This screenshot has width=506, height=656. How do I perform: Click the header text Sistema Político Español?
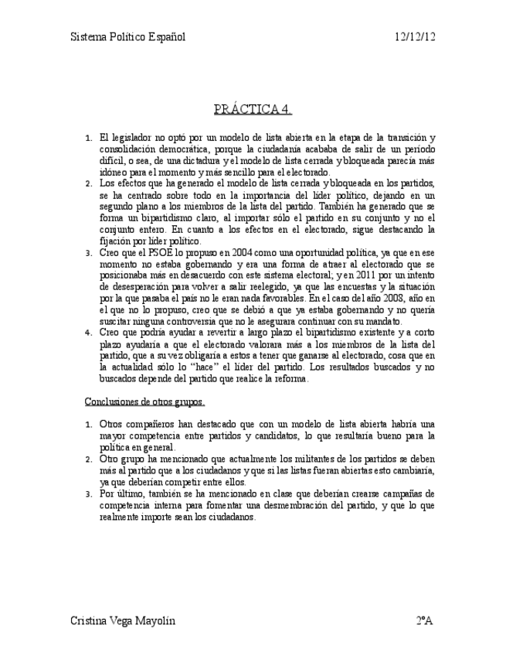pos(127,36)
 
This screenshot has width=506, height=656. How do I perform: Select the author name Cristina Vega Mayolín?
pos(123,620)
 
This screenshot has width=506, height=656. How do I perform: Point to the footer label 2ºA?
pos(424,620)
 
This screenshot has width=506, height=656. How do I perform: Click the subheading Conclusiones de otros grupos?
pos(144,402)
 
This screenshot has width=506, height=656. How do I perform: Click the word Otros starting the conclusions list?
pos(112,425)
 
